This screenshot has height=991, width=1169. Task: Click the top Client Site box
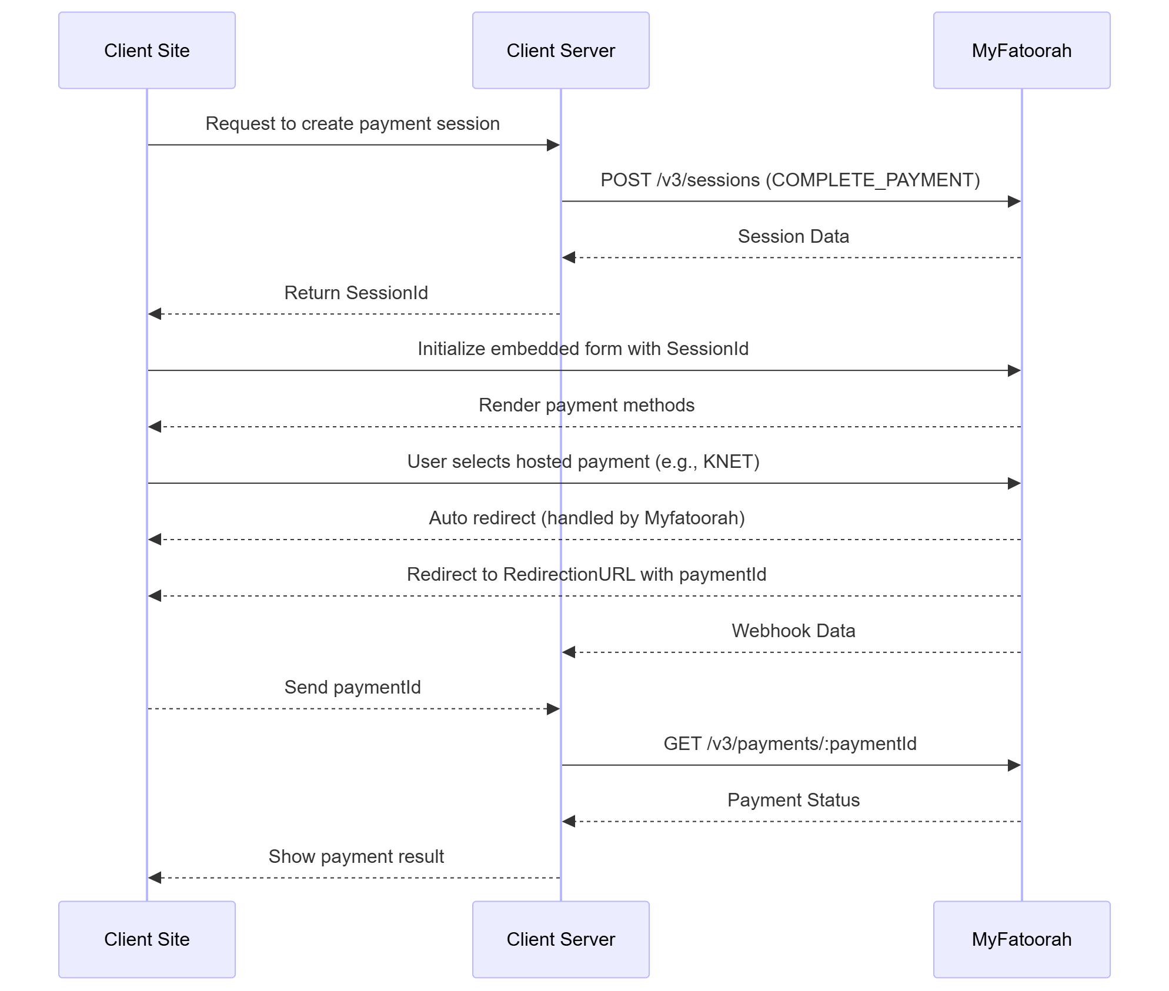[146, 51]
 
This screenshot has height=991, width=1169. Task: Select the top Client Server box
[560, 51]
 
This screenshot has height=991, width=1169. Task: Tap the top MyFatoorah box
[1021, 51]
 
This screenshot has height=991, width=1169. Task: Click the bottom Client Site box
[146, 939]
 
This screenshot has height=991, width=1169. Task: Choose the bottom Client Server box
[560, 939]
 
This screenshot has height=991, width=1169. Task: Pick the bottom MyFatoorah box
[1021, 939]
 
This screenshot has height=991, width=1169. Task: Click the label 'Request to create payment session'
[352, 124]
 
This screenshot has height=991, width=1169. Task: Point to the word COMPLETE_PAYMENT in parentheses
[873, 180]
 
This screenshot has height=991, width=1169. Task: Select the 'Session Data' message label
[793, 236]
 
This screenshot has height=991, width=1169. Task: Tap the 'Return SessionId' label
[356, 293]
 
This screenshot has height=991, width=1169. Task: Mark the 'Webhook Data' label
[793, 631]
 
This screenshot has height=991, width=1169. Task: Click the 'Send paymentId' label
[352, 687]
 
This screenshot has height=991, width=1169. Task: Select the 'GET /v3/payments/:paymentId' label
[790, 744]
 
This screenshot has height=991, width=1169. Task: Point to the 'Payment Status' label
[793, 800]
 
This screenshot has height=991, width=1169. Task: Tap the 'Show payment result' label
[356, 856]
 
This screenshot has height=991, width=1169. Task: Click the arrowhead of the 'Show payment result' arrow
[155, 878]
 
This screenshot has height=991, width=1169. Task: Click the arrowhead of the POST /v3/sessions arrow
[1014, 202]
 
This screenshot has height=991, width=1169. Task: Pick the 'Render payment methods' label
[586, 406]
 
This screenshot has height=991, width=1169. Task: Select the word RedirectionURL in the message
[569, 575]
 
